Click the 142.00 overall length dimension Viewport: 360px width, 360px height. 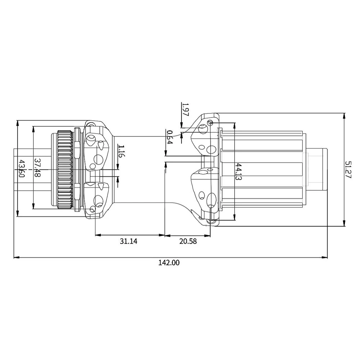168,263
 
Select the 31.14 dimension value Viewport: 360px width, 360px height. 129,242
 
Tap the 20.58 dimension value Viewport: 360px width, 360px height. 188,242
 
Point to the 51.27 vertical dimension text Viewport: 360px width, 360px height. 348,170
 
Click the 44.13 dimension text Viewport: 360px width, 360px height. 238,172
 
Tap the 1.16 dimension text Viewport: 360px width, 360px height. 121,152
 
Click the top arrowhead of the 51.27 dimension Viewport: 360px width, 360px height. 345,116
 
